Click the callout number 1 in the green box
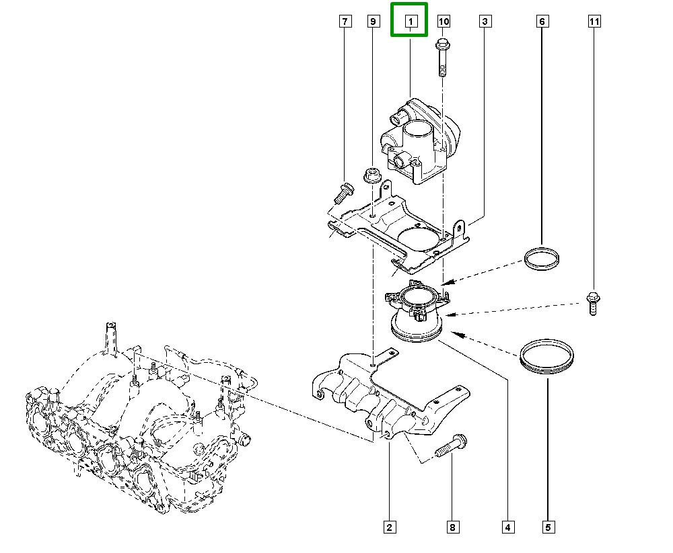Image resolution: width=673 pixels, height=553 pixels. coord(411,21)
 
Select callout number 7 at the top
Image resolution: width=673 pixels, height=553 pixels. coord(345,21)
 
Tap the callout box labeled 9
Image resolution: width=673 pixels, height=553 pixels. coord(374,21)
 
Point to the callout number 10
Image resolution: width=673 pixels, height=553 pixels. coord(444,21)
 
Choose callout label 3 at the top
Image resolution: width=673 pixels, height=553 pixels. coord(485,21)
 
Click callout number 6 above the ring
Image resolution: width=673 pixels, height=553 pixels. coord(542,21)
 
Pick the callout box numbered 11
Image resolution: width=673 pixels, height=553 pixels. coord(594,21)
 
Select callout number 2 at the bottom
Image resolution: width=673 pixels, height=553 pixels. coord(389,527)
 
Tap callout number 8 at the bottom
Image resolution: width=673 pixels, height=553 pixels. coord(452,527)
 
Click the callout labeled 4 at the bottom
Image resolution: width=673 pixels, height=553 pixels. coord(507,527)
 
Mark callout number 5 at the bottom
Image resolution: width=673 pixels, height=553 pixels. coord(548,527)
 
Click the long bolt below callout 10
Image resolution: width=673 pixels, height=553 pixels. coord(443,57)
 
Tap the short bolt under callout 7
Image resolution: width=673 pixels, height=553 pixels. coord(344,194)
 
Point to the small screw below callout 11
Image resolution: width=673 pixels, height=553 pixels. coord(593,303)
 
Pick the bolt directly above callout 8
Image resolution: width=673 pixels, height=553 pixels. coord(452,446)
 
